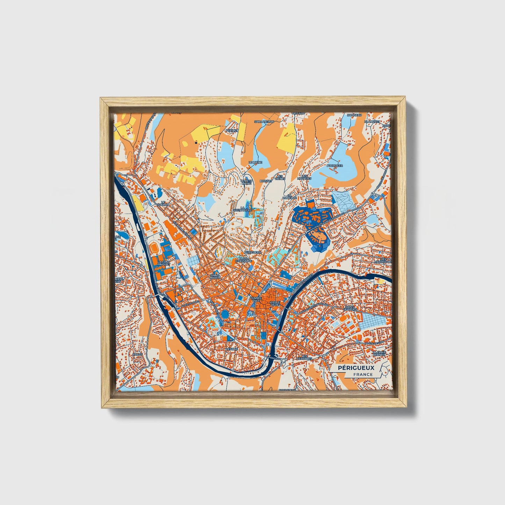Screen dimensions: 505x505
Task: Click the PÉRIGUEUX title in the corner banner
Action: point(356,368)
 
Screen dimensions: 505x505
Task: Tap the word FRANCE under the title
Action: point(362,374)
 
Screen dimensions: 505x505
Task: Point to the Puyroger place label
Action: point(335,166)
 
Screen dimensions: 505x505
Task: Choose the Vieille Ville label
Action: point(275,304)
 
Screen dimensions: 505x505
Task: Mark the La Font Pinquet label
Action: point(163,263)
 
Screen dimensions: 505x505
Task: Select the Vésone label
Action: point(232,349)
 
